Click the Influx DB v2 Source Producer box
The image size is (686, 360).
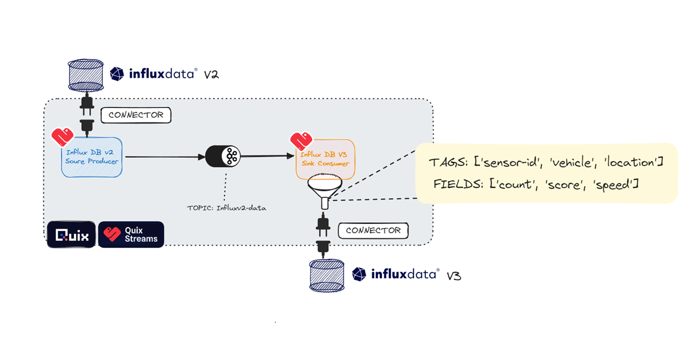[91, 157]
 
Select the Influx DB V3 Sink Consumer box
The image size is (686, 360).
[325, 159]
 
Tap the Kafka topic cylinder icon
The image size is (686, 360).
[222, 157]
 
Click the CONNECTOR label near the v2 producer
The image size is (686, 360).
[136, 115]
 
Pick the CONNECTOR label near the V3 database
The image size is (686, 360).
[373, 230]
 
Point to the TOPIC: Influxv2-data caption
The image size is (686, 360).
[226, 208]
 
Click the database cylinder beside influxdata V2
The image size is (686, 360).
[86, 75]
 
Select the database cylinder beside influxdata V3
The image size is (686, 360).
[327, 275]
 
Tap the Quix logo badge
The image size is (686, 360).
[71, 234]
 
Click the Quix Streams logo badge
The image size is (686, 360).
[131, 234]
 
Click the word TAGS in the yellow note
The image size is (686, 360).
[448, 162]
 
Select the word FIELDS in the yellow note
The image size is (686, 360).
[458, 184]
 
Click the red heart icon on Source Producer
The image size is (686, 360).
[62, 137]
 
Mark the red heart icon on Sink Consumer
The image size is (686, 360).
[301, 141]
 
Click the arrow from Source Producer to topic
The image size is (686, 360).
[165, 157]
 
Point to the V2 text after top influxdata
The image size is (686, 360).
[212, 75]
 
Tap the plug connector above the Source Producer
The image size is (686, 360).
[87, 115]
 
